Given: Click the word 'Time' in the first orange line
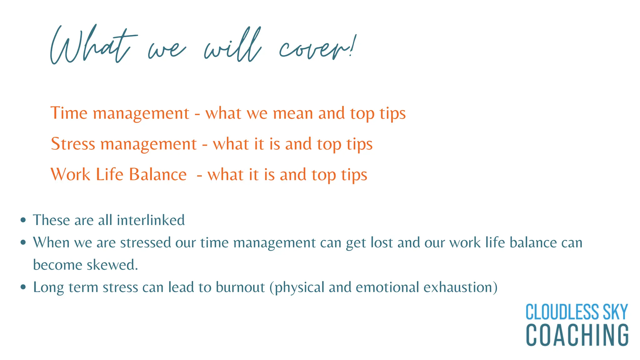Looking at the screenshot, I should pyautogui.click(x=69, y=113).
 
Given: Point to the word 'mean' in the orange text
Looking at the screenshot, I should pyautogui.click(x=293, y=113).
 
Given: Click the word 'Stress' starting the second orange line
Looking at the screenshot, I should pyautogui.click(x=73, y=144).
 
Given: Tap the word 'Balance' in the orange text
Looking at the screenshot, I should pyautogui.click(x=158, y=174).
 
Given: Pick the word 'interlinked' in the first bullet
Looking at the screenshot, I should pyautogui.click(x=151, y=220).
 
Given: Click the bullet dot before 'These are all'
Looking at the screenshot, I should pyautogui.click(x=23, y=220).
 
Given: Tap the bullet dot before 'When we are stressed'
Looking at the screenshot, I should pyautogui.click(x=23, y=242).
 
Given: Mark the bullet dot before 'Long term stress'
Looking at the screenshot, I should pyautogui.click(x=23, y=287).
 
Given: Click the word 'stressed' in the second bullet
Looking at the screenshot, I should pyautogui.click(x=146, y=242).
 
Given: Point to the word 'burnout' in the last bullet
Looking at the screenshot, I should pyautogui.click(x=240, y=287).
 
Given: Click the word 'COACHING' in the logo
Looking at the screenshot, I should pyautogui.click(x=577, y=335).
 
